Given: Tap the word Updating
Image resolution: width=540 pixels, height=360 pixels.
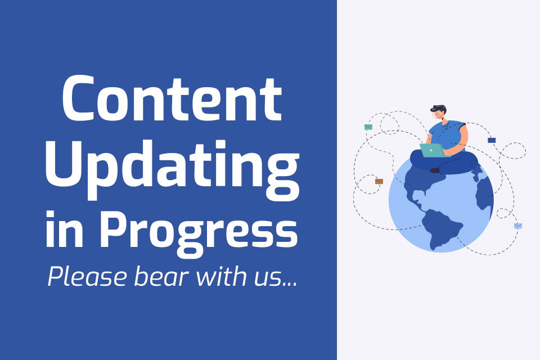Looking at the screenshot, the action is [x=172, y=169].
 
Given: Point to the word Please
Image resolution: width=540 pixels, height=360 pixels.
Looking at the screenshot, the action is [x=88, y=276].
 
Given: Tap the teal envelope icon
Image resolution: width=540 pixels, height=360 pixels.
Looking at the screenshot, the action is [x=368, y=127].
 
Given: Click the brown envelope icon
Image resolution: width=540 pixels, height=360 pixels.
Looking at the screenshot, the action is [x=379, y=182].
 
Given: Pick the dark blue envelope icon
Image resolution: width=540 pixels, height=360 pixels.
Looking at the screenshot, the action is [x=492, y=140].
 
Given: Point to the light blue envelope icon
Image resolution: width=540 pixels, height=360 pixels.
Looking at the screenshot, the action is [x=518, y=226].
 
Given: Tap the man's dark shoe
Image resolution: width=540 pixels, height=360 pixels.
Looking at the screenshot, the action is [x=435, y=170].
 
